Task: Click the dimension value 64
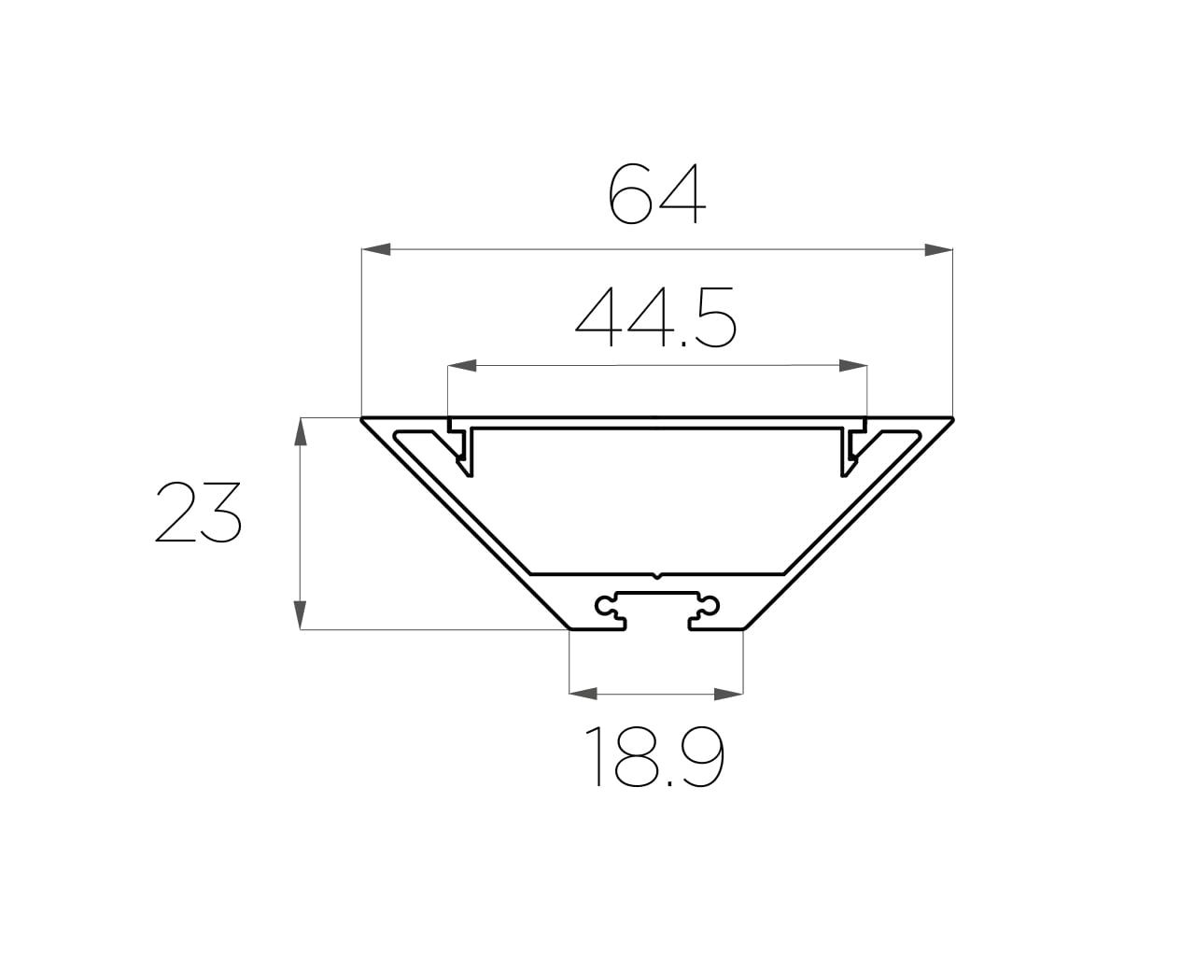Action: tap(657, 193)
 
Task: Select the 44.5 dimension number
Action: tap(655, 317)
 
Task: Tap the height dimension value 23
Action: tap(198, 512)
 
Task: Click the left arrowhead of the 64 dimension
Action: tap(376, 249)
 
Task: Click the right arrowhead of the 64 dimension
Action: tap(938, 249)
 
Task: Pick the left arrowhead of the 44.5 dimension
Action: tap(462, 366)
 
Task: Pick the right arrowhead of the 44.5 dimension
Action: tap(853, 366)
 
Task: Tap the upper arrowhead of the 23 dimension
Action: tap(301, 431)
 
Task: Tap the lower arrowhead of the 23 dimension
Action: tap(301, 615)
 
